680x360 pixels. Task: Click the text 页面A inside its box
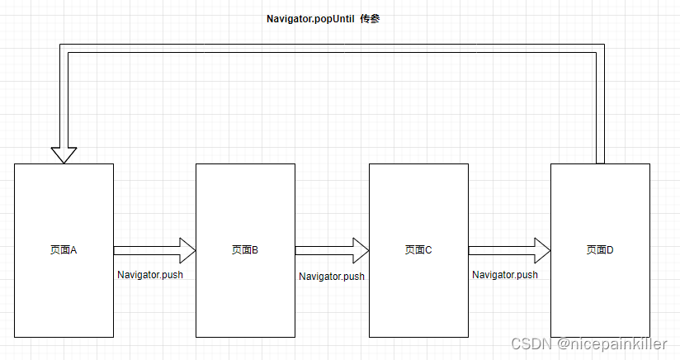[64, 249]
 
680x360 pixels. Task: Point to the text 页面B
[245, 249]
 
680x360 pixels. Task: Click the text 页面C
[418, 249]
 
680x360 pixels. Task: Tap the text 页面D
[600, 249]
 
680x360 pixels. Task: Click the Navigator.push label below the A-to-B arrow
[149, 275]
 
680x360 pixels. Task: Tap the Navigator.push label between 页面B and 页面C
[331, 277]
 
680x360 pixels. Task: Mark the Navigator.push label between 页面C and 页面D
[504, 275]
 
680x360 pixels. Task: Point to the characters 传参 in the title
[369, 18]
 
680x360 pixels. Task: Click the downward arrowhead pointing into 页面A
[64, 154]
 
